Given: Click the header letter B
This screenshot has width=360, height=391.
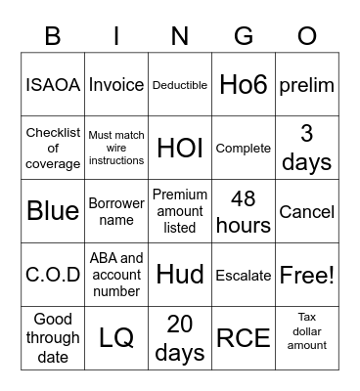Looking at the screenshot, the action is click(53, 36).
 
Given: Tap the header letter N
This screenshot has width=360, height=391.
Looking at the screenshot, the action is click(180, 36).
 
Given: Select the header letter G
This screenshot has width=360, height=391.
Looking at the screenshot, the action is click(244, 36).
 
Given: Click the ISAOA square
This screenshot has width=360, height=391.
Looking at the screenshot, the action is click(53, 85).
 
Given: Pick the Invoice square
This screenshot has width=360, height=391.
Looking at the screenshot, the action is click(116, 85).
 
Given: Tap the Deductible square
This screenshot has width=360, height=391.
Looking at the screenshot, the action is click(180, 85).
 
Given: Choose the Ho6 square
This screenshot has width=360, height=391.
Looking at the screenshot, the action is click(244, 85).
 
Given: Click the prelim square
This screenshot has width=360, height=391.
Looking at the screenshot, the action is click(306, 85).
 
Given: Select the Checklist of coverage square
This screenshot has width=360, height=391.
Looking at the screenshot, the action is click(53, 148).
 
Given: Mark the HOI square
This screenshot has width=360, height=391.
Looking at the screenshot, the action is click(180, 148).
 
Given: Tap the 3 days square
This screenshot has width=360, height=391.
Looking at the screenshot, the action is click(306, 148).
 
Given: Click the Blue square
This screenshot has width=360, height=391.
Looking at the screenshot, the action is click(53, 211).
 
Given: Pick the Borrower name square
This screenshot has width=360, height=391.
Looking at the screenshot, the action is click(116, 211).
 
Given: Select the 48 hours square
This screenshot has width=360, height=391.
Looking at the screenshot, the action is click(244, 211).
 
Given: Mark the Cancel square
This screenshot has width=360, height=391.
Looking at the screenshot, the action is click(306, 211).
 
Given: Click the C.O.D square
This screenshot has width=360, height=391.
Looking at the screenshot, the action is click(53, 275).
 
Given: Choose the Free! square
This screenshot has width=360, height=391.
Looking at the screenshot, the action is click(306, 275).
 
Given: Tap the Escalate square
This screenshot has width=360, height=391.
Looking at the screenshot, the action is click(244, 275).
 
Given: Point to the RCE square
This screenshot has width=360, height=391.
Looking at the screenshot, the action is click(244, 338).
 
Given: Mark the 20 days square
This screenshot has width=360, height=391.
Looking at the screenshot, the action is click(180, 338).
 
